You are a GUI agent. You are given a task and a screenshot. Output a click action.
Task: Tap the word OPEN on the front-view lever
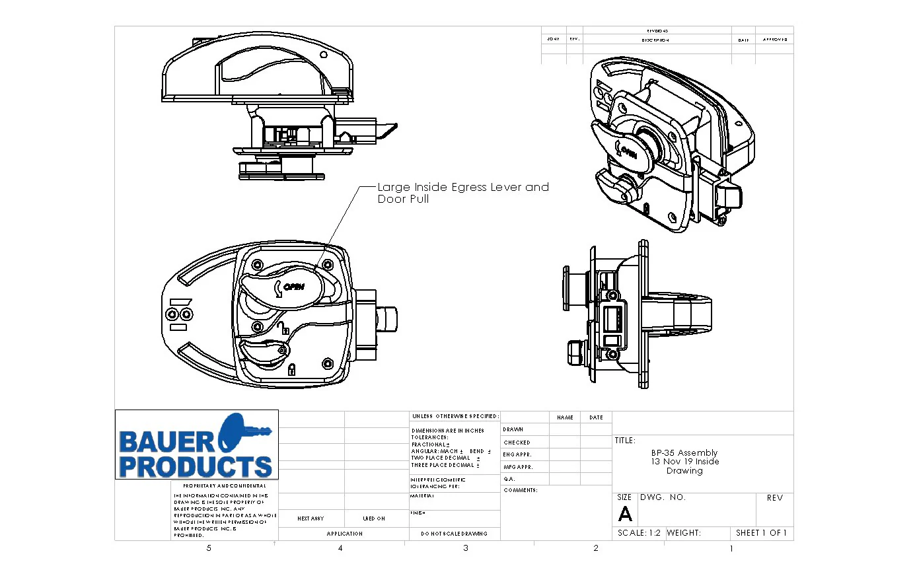click(293, 287)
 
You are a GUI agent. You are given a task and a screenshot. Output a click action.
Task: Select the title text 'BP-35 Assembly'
click(684, 452)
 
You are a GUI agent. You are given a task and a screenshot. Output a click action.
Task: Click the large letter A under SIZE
click(625, 515)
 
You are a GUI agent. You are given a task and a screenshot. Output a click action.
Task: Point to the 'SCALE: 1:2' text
click(639, 533)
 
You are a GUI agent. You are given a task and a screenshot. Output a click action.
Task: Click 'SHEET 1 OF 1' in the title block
click(761, 533)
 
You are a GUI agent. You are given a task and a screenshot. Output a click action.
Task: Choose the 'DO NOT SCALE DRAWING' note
click(455, 534)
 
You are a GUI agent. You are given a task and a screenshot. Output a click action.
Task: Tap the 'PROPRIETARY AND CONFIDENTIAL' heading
click(225, 486)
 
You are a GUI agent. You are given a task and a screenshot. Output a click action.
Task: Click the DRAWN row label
click(513, 430)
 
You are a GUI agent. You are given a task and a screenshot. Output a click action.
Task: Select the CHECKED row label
click(517, 443)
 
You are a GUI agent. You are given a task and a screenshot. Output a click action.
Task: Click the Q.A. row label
click(509, 479)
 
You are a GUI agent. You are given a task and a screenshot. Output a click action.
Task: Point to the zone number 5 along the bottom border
click(209, 548)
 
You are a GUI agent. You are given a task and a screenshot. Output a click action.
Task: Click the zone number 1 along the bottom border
click(731, 548)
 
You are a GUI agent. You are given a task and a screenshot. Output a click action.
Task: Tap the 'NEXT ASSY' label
click(311, 519)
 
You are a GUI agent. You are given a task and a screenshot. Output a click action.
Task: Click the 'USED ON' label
click(374, 519)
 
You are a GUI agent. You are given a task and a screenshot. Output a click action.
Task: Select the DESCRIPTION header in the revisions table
click(655, 40)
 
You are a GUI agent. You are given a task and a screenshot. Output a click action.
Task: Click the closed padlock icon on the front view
click(291, 369)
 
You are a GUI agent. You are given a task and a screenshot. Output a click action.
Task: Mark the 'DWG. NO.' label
click(663, 497)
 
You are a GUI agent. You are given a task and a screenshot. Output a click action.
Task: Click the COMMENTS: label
click(521, 490)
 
